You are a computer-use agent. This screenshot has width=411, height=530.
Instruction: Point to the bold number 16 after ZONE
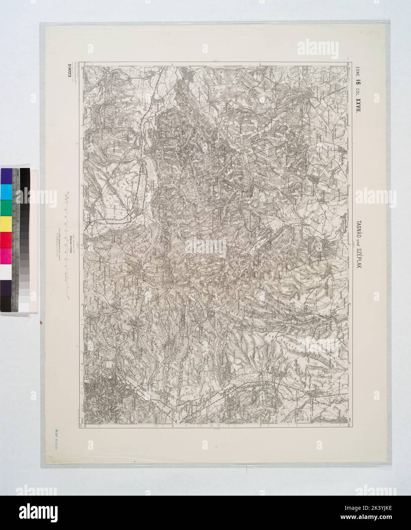click(x=358, y=80)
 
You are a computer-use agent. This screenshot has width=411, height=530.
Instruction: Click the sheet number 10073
click(x=69, y=70)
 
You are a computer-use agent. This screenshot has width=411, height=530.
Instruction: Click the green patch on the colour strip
click(x=6, y=207)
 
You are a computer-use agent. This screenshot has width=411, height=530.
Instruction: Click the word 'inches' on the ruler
click(x=18, y=175)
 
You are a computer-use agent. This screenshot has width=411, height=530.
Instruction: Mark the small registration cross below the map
click(x=216, y=446)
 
